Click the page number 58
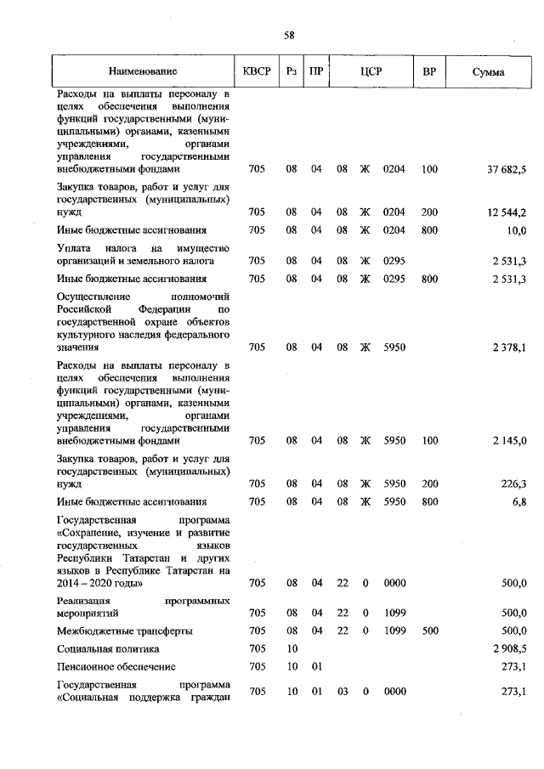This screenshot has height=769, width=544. pos(289,35)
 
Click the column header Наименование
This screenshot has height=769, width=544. pos(143,72)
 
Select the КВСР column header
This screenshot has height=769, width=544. pos(257,72)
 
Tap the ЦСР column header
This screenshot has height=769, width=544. pos(370,72)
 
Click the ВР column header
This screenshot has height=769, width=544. pos(429,72)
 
